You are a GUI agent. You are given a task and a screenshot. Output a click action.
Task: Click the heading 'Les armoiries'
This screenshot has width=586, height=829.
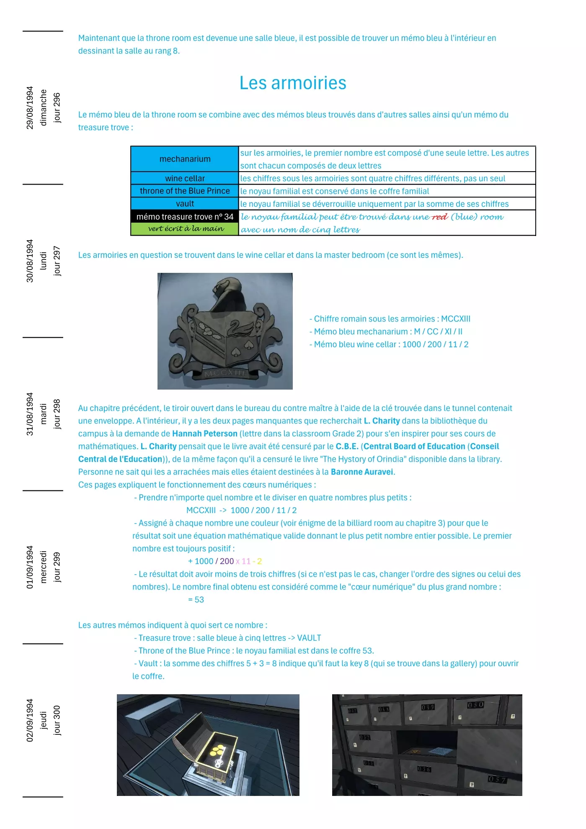pyautogui.click(x=293, y=83)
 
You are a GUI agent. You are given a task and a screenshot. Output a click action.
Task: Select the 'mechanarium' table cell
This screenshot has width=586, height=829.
pyautogui.click(x=185, y=159)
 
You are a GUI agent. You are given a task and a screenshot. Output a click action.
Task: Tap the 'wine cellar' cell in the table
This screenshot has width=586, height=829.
pyautogui.click(x=185, y=178)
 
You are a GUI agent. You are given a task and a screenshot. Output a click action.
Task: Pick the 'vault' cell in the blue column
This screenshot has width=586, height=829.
pyautogui.click(x=185, y=204)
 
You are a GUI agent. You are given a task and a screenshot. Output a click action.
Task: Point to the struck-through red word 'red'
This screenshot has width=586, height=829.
pyautogui.click(x=439, y=217)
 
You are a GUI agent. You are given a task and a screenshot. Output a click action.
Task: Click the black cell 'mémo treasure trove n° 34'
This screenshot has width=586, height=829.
pyautogui.click(x=185, y=217)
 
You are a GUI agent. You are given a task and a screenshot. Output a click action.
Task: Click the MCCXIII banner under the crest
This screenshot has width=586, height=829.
pyautogui.click(x=225, y=372)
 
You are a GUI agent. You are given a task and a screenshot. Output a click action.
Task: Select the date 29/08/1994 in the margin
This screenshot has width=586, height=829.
pyautogui.click(x=30, y=108)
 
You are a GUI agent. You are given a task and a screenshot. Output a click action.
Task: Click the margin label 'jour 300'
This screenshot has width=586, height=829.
pyautogui.click(x=57, y=720)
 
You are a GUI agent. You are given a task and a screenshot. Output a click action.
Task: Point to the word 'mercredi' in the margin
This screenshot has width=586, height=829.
pyautogui.click(x=43, y=567)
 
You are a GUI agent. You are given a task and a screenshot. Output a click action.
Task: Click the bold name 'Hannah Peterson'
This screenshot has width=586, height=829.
pyautogui.click(x=205, y=434)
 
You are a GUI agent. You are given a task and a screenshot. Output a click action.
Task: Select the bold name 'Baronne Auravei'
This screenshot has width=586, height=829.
pyautogui.click(x=362, y=472)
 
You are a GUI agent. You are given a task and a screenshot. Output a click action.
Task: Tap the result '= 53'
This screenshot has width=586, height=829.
pyautogui.click(x=196, y=600)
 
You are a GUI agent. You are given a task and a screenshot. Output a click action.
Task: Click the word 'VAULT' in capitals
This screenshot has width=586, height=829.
pyautogui.click(x=309, y=638)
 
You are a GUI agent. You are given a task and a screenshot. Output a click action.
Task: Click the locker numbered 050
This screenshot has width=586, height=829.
pyautogui.click(x=475, y=705)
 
